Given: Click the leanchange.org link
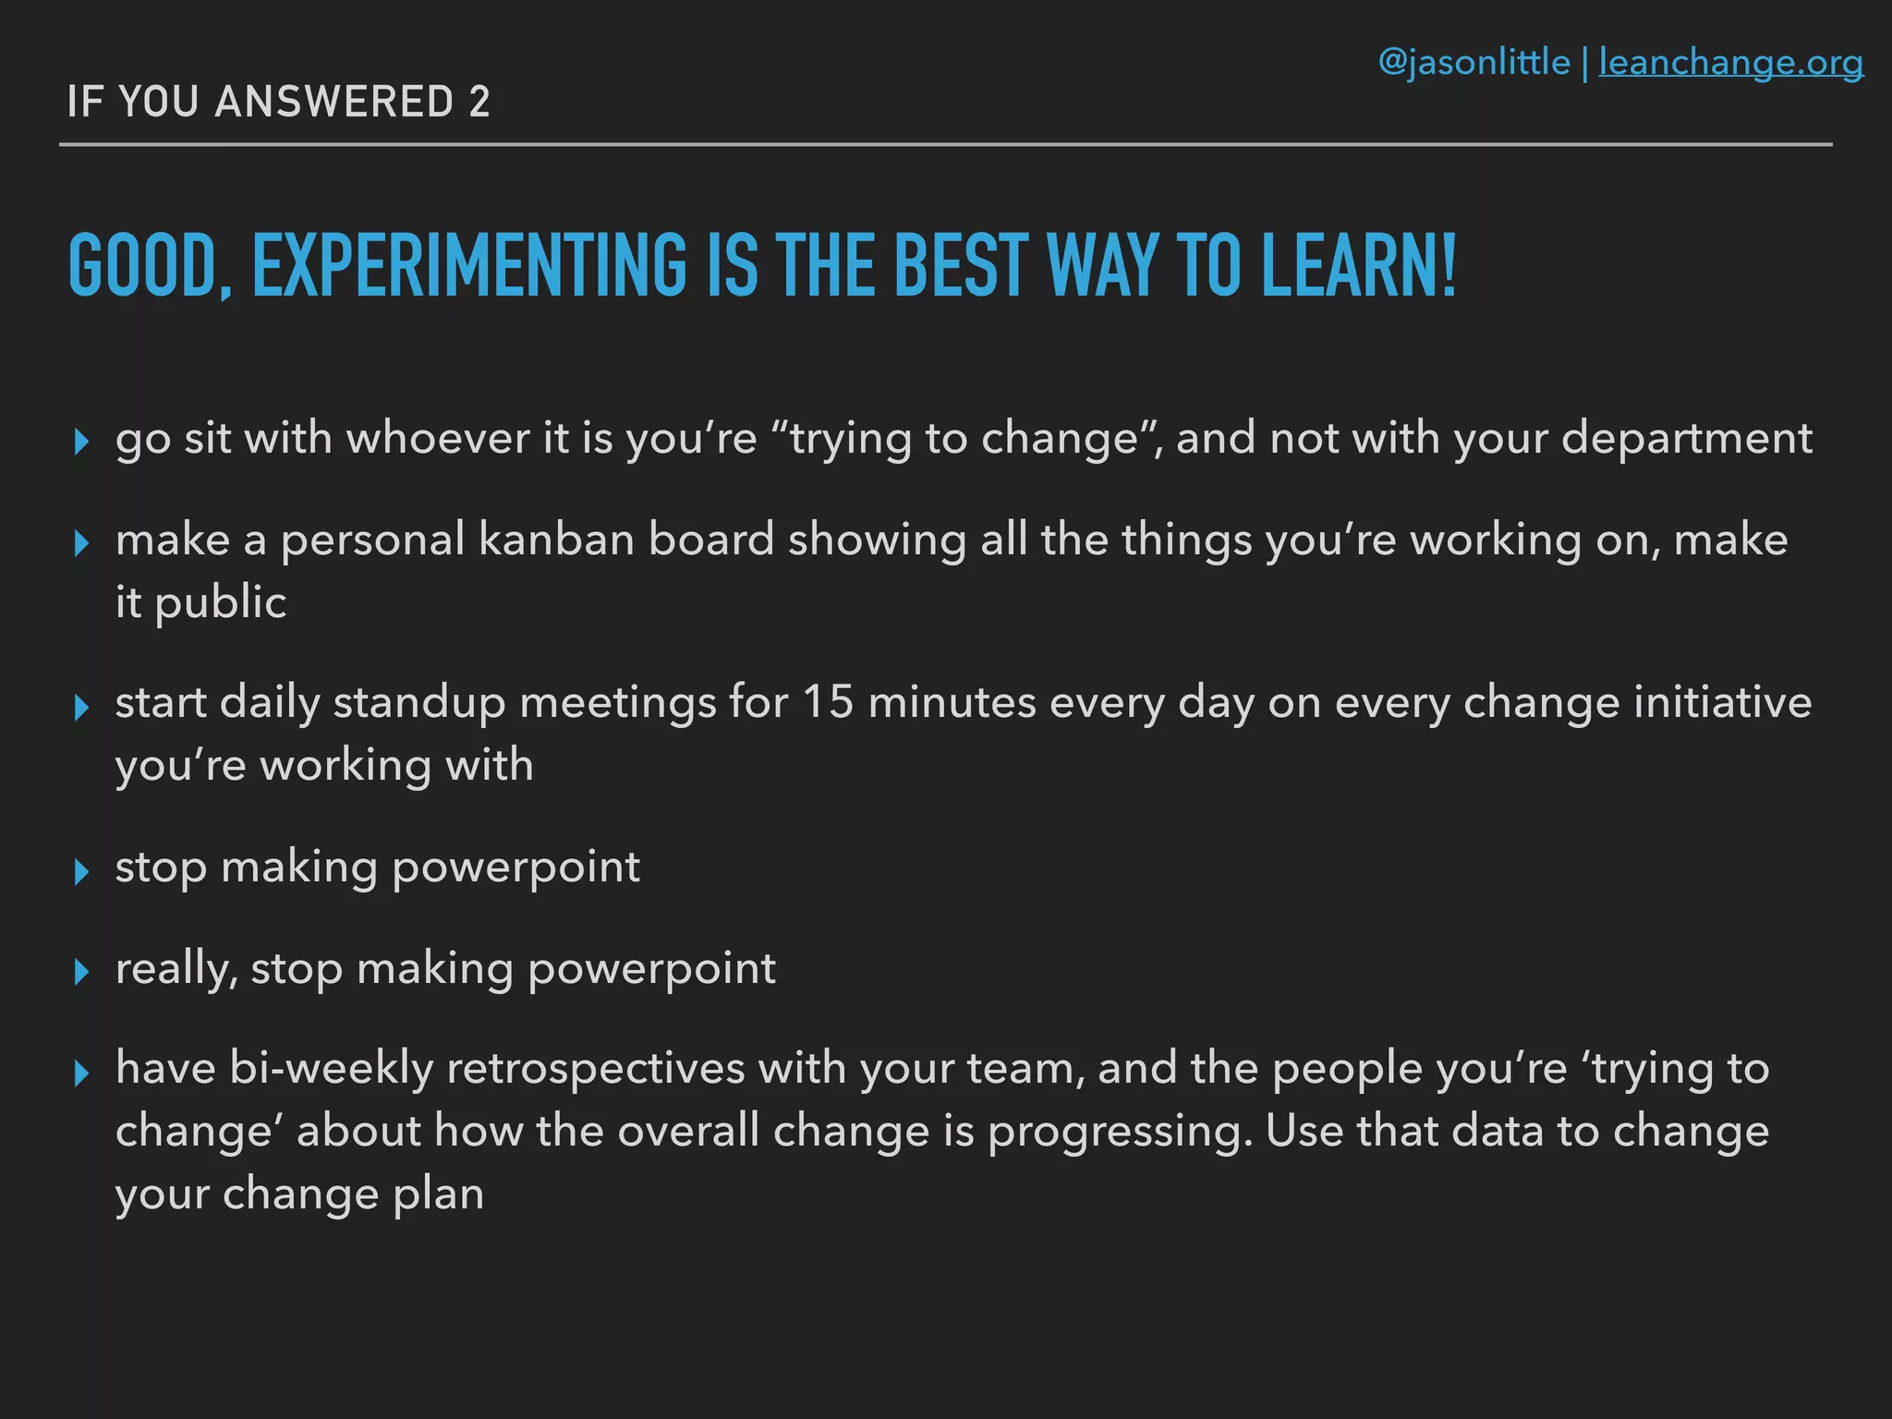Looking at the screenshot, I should pyautogui.click(x=1730, y=63).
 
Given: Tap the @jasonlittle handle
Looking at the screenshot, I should pyautogui.click(x=1474, y=63).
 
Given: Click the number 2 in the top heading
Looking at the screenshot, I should pyautogui.click(x=479, y=102).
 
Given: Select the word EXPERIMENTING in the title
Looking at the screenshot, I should pyautogui.click(x=469, y=266).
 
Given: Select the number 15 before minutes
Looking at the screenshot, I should pyautogui.click(x=827, y=702).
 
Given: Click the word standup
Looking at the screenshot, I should pyautogui.click(x=419, y=702).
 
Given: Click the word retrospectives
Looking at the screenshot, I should pyautogui.click(x=596, y=1069).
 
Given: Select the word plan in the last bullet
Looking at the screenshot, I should pyautogui.click(x=438, y=1194).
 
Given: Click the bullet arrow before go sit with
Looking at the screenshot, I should pyautogui.click(x=81, y=442).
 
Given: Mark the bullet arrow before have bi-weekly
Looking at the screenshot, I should pyautogui.click(x=81, y=1073).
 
